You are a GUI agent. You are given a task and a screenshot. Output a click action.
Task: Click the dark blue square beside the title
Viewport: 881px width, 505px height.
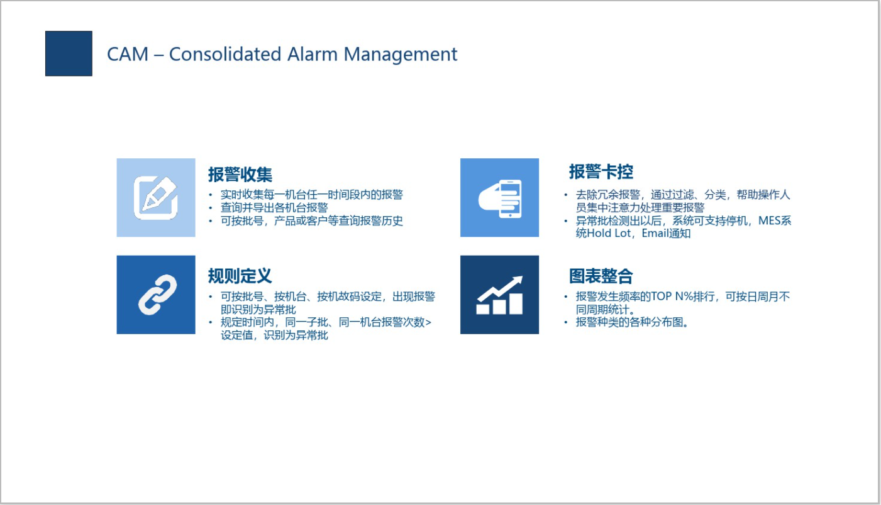click(x=69, y=53)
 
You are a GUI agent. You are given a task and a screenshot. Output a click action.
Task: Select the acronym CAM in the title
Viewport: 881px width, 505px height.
click(x=128, y=54)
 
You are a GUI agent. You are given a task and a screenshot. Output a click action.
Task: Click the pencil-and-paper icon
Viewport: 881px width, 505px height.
click(x=156, y=197)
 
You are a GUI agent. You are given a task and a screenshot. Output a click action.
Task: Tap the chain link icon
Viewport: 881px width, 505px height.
click(x=156, y=295)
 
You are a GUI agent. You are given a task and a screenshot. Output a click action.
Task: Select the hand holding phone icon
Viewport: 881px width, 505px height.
click(x=499, y=197)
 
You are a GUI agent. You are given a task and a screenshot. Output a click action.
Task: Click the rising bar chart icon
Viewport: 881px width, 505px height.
click(x=499, y=295)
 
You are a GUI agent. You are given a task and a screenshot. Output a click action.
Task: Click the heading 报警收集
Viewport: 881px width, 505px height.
click(x=240, y=174)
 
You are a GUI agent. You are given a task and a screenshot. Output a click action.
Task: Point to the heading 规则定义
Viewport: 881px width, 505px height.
click(x=240, y=276)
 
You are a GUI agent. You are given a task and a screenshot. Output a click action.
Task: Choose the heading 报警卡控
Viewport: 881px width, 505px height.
click(x=601, y=171)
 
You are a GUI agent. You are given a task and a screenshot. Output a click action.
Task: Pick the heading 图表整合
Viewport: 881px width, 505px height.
click(x=601, y=276)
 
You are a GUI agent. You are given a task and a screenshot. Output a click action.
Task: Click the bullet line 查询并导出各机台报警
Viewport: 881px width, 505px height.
click(x=274, y=207)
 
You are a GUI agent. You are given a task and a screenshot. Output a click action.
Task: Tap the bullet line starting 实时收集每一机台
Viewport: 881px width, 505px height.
click(x=311, y=194)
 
